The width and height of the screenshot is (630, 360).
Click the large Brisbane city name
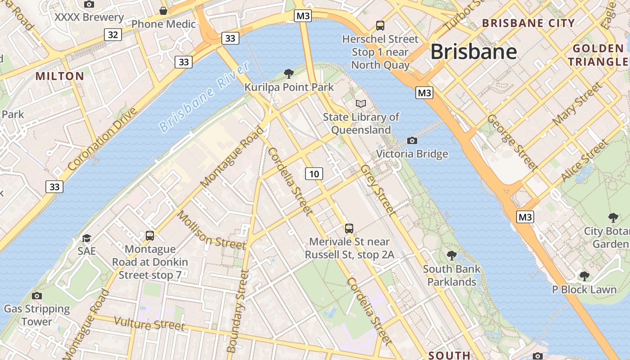point(474,52)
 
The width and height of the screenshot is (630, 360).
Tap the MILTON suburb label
point(60,76)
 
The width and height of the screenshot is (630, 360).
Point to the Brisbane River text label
point(205,97)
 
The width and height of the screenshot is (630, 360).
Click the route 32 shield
point(113,34)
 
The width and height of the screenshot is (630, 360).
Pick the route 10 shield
point(314,174)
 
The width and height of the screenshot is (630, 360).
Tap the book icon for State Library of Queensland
point(361,103)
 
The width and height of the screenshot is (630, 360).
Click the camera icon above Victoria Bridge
point(412,140)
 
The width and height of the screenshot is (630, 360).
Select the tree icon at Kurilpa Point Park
point(289,73)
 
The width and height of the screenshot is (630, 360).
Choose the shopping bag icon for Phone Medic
point(163,10)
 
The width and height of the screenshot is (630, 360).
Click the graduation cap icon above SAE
point(86,238)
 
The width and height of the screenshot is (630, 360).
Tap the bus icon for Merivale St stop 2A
point(349,228)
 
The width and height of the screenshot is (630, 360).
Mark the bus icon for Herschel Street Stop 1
point(380,25)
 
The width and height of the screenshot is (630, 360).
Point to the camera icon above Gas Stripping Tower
point(37,296)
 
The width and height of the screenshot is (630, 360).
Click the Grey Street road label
point(378,189)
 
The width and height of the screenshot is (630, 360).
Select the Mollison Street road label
point(211,230)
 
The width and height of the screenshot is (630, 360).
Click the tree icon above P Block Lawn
point(584,275)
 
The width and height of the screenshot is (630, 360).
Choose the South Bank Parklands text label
point(452,275)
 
